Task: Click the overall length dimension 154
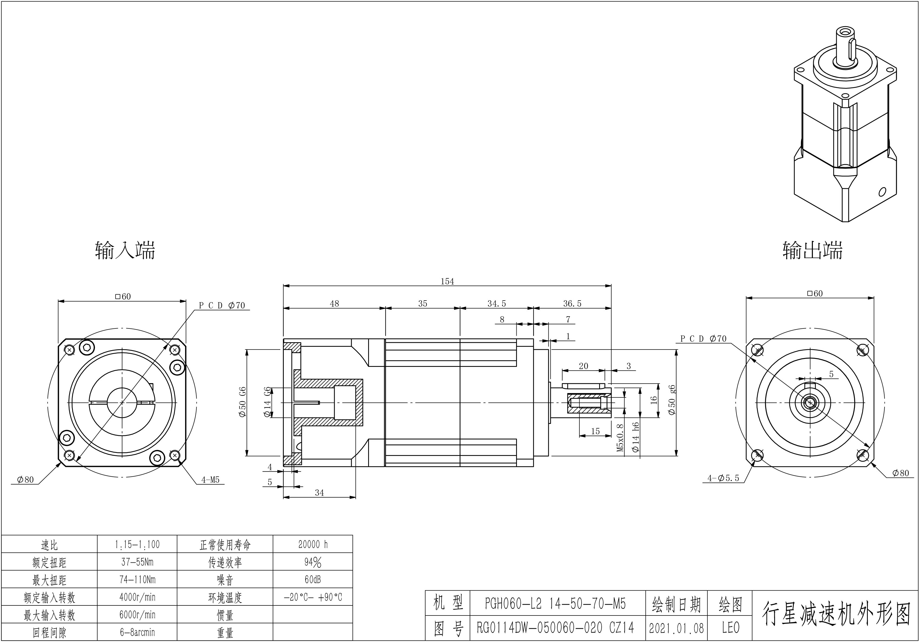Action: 447,281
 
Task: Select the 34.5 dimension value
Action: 496,304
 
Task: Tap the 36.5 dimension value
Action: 572,304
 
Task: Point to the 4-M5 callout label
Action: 210,480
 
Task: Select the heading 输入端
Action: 125,251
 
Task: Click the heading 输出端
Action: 813,251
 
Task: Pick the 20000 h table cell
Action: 313,544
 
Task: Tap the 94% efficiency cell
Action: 313,562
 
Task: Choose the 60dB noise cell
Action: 313,580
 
